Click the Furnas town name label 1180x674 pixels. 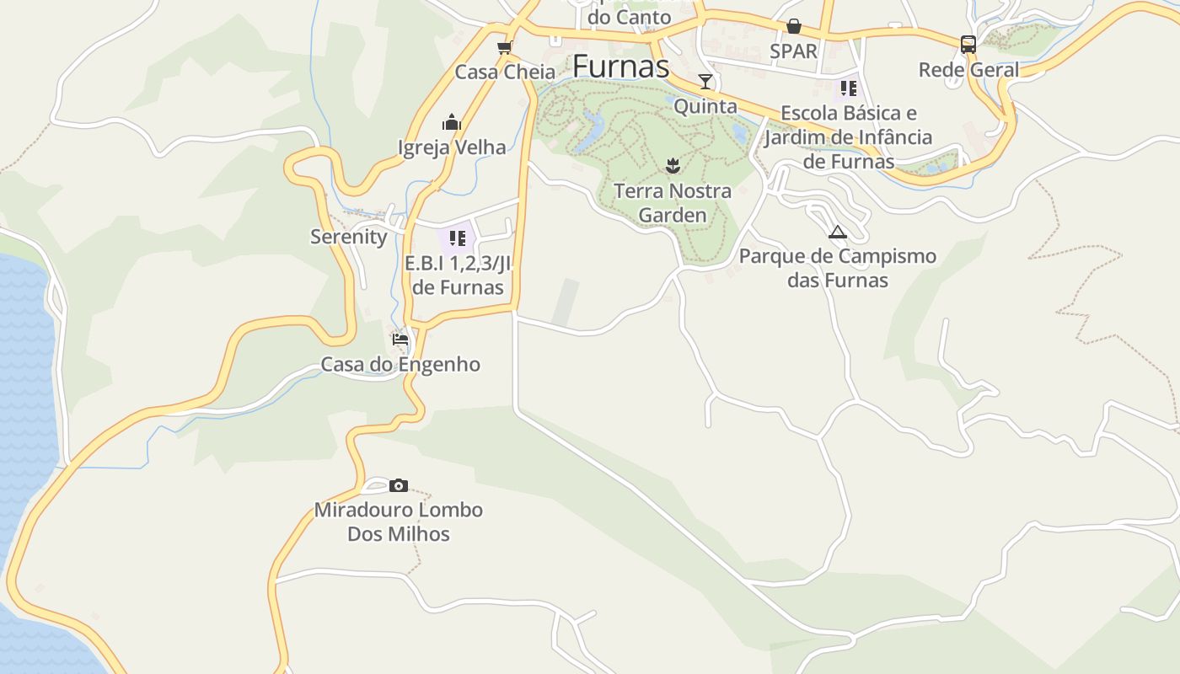pos(620,67)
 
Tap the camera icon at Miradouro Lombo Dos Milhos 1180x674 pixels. pos(399,485)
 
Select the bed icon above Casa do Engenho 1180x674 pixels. pos(400,340)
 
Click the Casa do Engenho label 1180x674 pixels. pos(400,365)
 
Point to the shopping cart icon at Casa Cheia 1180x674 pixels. pos(504,47)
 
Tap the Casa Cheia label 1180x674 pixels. pos(505,72)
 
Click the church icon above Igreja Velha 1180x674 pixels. pos(452,122)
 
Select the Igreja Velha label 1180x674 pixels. pos(452,147)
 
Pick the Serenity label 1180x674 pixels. pos(348,237)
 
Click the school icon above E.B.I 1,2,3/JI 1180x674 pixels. pos(458,238)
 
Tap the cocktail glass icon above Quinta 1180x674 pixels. pos(705,82)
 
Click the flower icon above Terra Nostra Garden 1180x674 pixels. pos(672,165)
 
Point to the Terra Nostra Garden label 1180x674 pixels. pos(672,203)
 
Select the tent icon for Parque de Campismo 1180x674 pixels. pos(837,232)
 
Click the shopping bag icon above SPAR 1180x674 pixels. pos(793,26)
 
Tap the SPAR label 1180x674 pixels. pos(793,51)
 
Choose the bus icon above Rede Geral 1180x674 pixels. pos(968,45)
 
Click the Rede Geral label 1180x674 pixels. pos(968,70)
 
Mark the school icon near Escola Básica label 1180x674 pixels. pos(848,88)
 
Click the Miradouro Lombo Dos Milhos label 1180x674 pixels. pos(399,522)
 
